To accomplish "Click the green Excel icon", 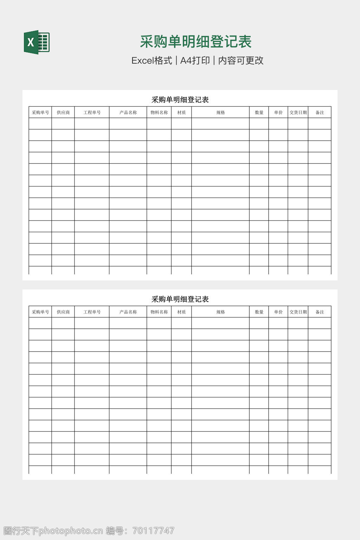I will pyautogui.click(x=37, y=42).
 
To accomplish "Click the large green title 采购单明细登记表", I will pyautogui.click(x=196, y=41).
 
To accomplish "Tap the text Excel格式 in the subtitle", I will pyautogui.click(x=152, y=60).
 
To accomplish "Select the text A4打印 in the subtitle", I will pyautogui.click(x=195, y=60).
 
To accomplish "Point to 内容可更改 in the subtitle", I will pyautogui.click(x=241, y=60).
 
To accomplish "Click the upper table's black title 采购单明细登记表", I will pyautogui.click(x=180, y=100).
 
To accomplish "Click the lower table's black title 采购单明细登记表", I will pyautogui.click(x=180, y=299).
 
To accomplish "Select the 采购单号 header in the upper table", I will pyautogui.click(x=40, y=112).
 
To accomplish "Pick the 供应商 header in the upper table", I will pyautogui.click(x=63, y=112).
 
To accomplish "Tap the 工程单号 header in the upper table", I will pyautogui.click(x=92, y=112).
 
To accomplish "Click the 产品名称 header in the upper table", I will pyautogui.click(x=128, y=112).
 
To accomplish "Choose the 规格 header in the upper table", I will pyautogui.click(x=220, y=112).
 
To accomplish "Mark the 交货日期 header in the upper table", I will pyautogui.click(x=298, y=112).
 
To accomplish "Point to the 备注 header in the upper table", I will pyautogui.click(x=320, y=112).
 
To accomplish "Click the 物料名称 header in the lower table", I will pyautogui.click(x=159, y=312).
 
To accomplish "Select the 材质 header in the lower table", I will pyautogui.click(x=181, y=312).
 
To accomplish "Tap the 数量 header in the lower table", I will pyautogui.click(x=259, y=312).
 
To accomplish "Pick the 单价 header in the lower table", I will pyautogui.click(x=278, y=312).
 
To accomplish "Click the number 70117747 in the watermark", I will pyautogui.click(x=153, y=531).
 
